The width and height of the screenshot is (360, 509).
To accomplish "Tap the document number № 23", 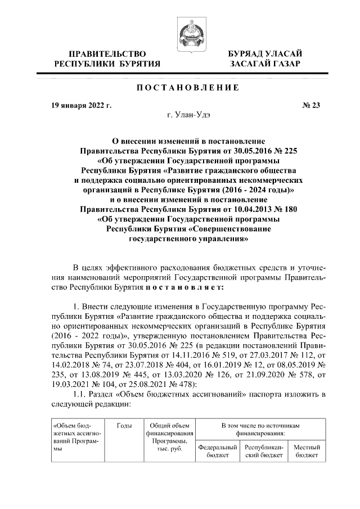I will (311, 105).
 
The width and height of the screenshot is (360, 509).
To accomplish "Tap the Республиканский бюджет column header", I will (263, 451).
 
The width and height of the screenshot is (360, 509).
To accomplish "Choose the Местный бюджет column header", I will (307, 451).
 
